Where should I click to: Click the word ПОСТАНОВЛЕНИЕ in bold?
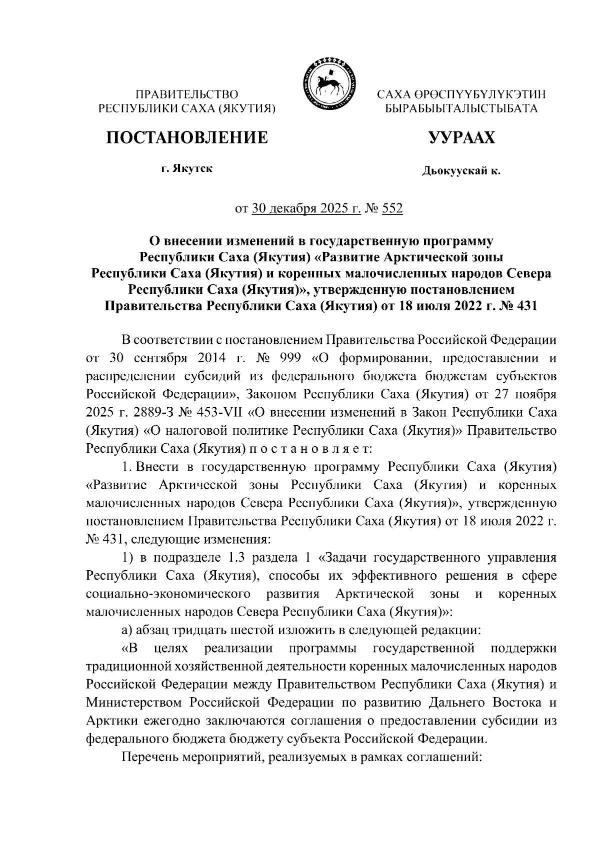coord(186,137)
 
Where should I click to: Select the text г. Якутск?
coord(186,169)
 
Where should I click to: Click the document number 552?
coord(392,208)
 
